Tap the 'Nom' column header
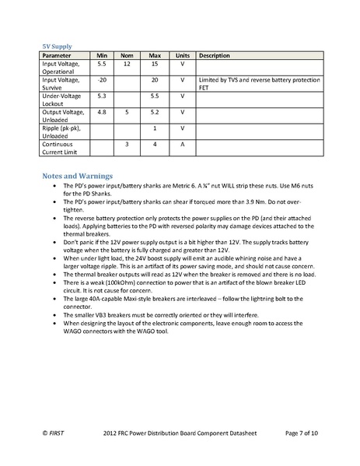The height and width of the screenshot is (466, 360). pos(127,56)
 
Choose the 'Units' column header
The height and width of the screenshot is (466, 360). pos(183,56)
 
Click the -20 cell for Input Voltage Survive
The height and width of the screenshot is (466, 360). pos(101,80)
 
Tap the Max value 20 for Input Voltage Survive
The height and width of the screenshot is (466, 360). pos(155,80)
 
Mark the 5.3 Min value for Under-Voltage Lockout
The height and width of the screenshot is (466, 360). pos(101,96)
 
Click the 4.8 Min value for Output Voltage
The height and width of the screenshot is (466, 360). pos(101,112)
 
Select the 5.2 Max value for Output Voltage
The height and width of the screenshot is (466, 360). pos(155,112)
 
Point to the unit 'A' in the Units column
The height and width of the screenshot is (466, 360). pos(183,144)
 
